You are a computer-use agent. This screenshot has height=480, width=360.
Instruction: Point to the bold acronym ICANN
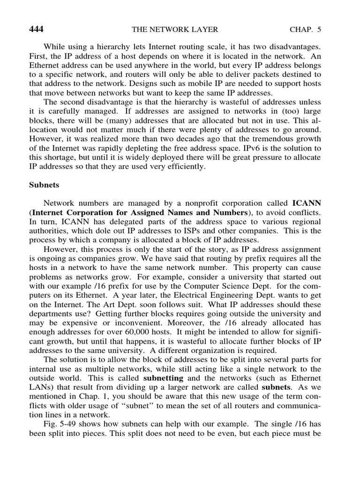coord(307,203)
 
